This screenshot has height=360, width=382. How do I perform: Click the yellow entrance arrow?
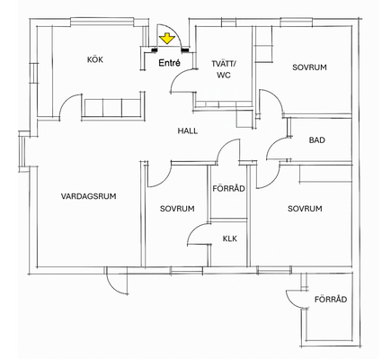coord(167,40)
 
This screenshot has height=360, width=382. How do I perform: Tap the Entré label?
coord(170,63)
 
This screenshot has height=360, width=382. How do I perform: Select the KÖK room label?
coord(95,59)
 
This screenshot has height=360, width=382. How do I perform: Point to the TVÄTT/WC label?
coord(224,69)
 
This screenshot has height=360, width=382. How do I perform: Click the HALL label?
coord(188,130)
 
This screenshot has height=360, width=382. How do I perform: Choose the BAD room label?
coord(317,140)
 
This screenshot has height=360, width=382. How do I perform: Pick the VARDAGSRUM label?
coord(89,196)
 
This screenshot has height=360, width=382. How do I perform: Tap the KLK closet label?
coord(230,238)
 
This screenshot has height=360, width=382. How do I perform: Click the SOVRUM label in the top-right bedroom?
coord(309,67)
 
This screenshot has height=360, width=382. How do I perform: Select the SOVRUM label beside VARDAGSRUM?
coord(177,209)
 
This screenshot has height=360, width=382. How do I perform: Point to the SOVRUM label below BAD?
coord(305,209)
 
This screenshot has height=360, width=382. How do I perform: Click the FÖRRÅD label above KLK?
coord(229,188)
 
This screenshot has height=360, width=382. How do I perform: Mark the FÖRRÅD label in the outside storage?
coord(331,299)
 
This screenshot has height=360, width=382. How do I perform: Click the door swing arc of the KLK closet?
coord(193,230)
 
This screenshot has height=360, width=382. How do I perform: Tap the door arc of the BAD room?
coord(272,143)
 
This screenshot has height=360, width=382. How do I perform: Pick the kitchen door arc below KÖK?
coord(66,101)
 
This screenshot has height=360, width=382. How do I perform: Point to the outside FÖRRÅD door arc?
coord(292,301)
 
